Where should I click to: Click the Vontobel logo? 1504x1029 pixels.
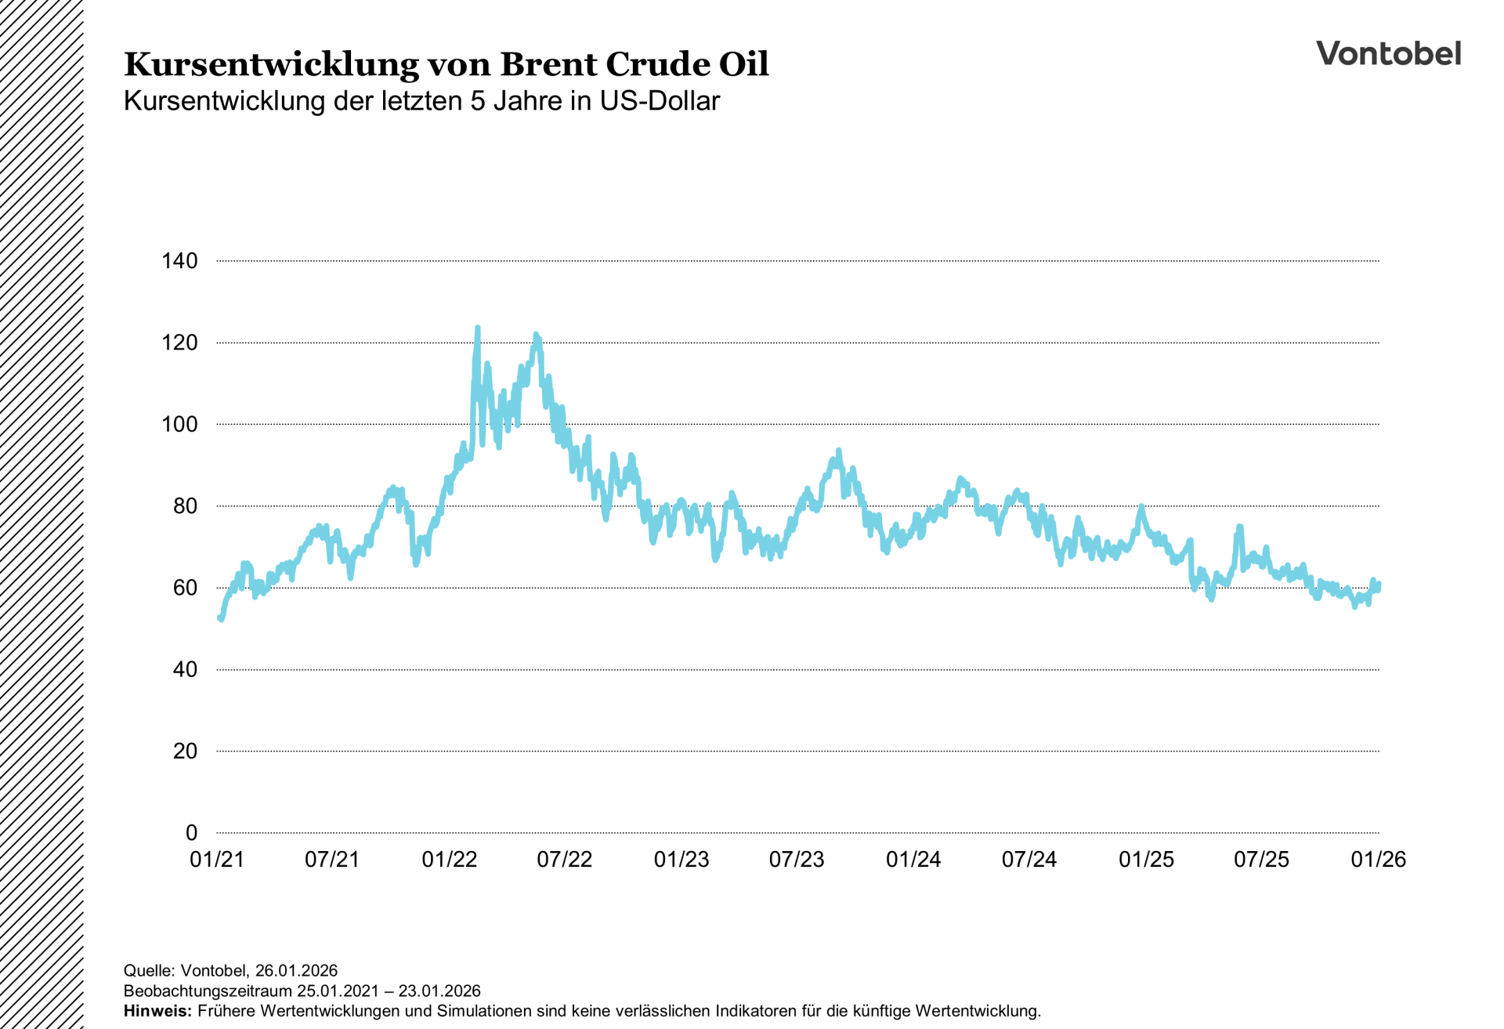pos(1388,53)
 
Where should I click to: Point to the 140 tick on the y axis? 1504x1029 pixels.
pos(179,261)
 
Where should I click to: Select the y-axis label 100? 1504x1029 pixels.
pos(179,424)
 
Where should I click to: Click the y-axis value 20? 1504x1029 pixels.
pos(185,751)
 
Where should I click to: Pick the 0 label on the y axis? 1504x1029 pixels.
pos(191,832)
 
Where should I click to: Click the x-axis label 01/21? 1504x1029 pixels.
pos(217,860)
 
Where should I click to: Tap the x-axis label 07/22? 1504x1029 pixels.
pos(564,860)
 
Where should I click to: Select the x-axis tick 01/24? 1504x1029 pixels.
pos(913,860)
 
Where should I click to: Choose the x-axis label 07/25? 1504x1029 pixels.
pos(1261,860)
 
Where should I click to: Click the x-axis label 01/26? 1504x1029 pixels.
pos(1378,860)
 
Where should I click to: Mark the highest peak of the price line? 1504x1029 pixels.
pos(478,328)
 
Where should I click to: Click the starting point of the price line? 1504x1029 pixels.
pos(219,618)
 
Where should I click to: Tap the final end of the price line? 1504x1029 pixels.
pos(1379,585)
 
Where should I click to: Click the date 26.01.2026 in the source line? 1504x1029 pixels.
pos(296,970)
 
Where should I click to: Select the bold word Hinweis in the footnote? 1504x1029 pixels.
pos(157,1011)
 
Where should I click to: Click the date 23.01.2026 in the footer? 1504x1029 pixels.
pos(439,991)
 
